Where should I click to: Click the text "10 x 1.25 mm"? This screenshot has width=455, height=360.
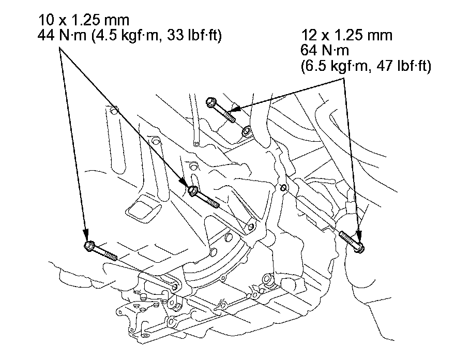(84, 20)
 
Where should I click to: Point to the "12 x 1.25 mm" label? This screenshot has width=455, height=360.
(347, 35)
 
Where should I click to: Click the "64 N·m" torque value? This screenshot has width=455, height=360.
(325, 51)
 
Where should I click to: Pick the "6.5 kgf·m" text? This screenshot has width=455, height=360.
(336, 66)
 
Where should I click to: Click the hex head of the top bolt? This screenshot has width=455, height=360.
(210, 102)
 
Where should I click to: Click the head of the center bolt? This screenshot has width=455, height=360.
(193, 191)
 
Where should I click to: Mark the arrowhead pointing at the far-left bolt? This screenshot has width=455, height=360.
(85, 234)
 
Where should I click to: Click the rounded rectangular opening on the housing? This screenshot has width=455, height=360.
(143, 208)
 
